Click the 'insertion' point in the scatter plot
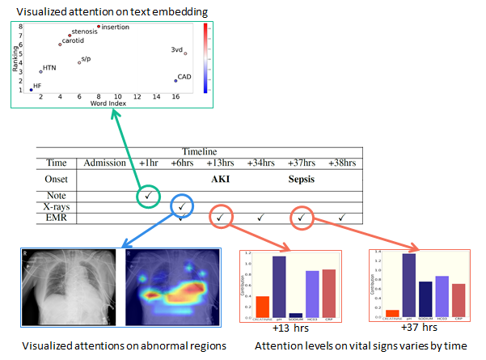[99, 26]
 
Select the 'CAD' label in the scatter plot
[184, 77]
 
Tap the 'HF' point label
[37, 85]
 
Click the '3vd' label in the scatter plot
[177, 49]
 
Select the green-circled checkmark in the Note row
[148, 196]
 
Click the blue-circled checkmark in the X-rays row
[182, 206]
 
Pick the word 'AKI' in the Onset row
[221, 179]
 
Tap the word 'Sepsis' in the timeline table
[301, 179]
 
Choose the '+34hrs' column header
[260, 163]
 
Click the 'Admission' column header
[104, 163]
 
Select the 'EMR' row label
[55, 218]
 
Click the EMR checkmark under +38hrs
[342, 218]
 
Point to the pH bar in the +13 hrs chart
[279, 286]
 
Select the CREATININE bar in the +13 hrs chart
[262, 307]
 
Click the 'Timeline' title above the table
[198, 151]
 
